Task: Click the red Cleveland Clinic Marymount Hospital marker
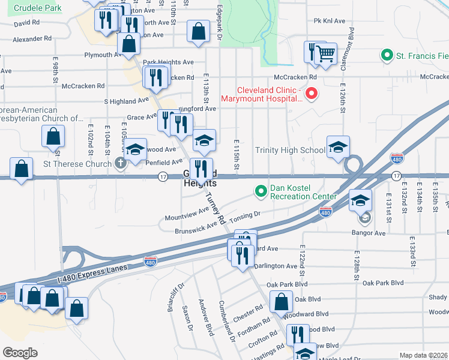pos(312,94)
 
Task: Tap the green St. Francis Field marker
pos(387,56)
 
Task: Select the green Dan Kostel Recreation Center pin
pos(261,191)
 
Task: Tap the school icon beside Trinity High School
pos(338,147)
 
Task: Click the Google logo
pos(20,352)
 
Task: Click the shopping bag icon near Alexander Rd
pos(129,43)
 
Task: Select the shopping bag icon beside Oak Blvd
pos(281,301)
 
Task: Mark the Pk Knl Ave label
pos(330,21)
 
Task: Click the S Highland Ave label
pos(126,101)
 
